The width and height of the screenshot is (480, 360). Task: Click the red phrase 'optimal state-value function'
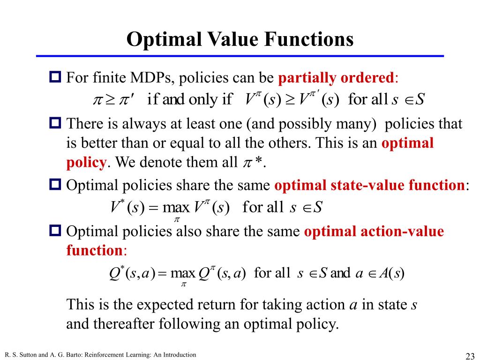pos(369,185)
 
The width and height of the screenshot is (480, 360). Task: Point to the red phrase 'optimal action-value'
pos(374,232)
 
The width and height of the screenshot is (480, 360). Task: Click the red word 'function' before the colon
pos(94,250)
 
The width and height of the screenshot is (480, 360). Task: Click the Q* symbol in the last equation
pos(115,273)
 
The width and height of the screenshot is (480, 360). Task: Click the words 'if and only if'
pos(189,99)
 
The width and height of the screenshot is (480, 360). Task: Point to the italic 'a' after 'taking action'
pos(354,305)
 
